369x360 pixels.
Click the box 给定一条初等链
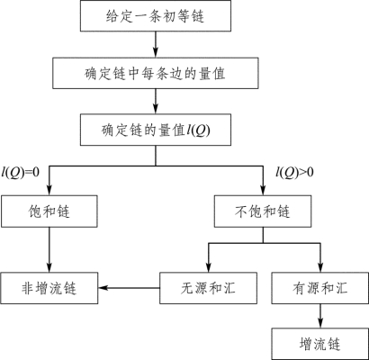[156, 15]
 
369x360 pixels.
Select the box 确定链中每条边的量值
[156, 73]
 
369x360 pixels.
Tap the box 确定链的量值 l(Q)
[156, 130]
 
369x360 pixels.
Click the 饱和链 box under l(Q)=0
[49, 211]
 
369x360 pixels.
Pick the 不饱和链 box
[263, 211]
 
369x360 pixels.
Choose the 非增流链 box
[49, 288]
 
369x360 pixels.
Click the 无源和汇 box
[208, 288]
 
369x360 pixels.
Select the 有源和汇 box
[320, 288]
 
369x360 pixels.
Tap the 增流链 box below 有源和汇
[320, 344]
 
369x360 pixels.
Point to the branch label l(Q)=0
[21, 173]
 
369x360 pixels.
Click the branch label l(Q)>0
[295, 173]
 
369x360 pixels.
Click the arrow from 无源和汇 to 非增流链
[129, 288]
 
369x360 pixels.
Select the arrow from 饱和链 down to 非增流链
[49, 249]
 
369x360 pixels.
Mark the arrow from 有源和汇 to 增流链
[320, 316]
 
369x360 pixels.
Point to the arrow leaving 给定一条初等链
[156, 44]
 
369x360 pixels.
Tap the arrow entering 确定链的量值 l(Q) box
[156, 101]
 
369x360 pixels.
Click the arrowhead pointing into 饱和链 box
[49, 191]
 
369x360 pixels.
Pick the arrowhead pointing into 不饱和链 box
[263, 191]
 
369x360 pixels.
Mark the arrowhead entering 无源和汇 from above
[208, 267]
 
